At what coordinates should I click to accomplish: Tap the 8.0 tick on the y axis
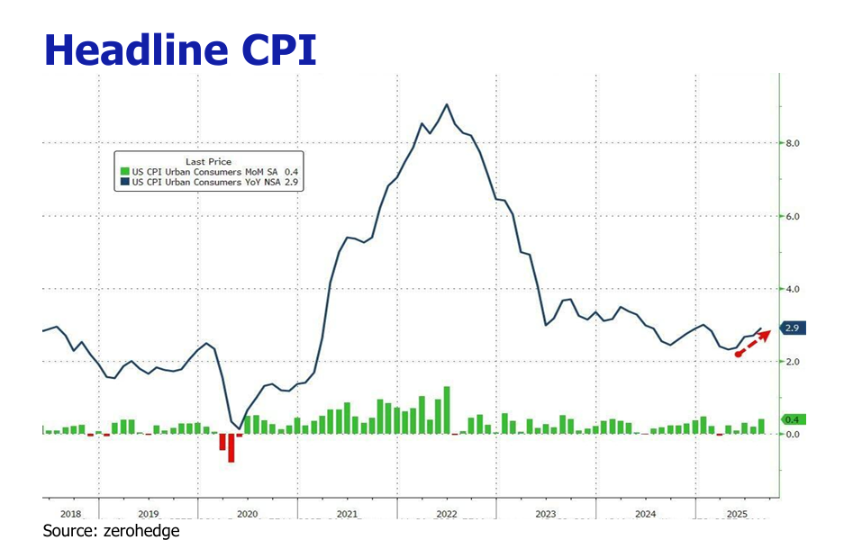click(x=792, y=143)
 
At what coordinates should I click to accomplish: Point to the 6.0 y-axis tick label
click(x=792, y=217)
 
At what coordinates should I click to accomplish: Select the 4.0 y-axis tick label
click(x=792, y=289)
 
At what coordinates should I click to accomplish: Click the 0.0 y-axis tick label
click(x=792, y=435)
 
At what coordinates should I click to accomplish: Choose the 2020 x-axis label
click(x=248, y=514)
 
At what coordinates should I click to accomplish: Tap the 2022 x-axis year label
click(x=446, y=514)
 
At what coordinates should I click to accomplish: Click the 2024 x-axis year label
click(x=645, y=514)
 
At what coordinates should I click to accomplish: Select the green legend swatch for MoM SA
click(x=125, y=171)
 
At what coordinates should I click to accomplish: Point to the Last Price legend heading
click(x=208, y=162)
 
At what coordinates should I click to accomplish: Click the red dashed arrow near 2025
click(x=753, y=343)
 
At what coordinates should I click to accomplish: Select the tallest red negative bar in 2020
click(x=231, y=447)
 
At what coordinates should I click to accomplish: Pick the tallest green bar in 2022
click(x=447, y=410)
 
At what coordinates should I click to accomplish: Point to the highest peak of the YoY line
click(x=447, y=104)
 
